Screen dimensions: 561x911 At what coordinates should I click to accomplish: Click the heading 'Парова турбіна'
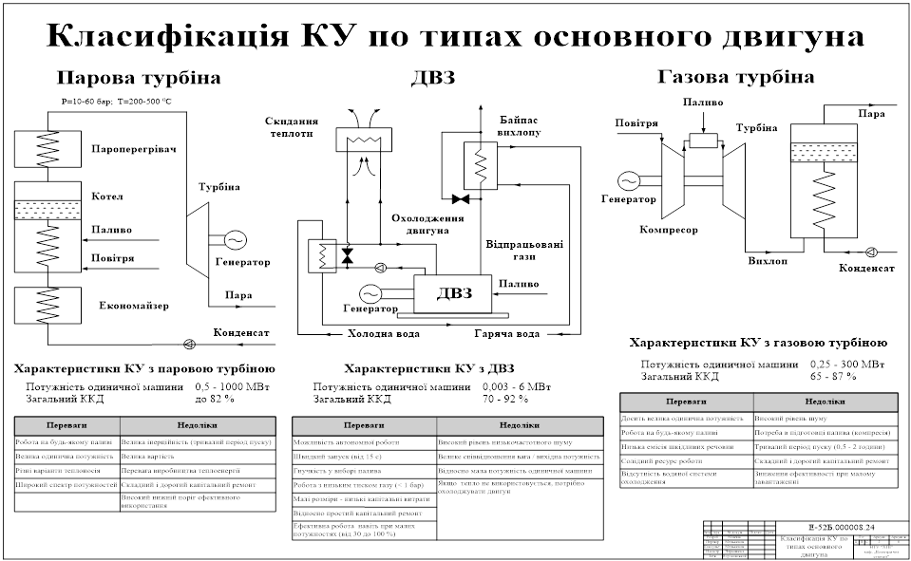139,78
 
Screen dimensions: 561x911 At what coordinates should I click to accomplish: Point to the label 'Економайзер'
133,306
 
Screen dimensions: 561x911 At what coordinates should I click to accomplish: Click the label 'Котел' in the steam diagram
107,196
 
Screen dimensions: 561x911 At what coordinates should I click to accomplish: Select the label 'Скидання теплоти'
292,128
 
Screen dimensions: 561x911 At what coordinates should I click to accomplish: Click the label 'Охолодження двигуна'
427,224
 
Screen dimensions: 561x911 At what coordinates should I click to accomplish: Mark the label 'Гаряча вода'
507,334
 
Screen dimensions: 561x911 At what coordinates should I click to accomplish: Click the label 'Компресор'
669,230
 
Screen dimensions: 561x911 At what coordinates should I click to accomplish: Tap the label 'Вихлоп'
768,260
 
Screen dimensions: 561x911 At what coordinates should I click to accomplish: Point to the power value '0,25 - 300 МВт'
847,364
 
